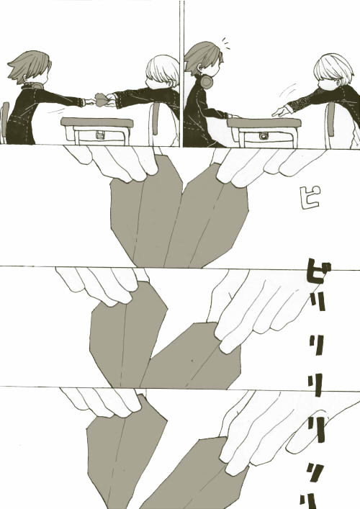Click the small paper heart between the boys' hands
[101, 99]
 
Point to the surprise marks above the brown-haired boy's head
[226, 44]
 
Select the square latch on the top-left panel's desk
[99, 136]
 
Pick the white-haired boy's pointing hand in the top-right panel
[281, 111]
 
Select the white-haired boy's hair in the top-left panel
[163, 71]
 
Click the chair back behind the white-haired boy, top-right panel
[330, 120]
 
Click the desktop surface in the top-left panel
[96, 122]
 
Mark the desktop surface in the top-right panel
[264, 122]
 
